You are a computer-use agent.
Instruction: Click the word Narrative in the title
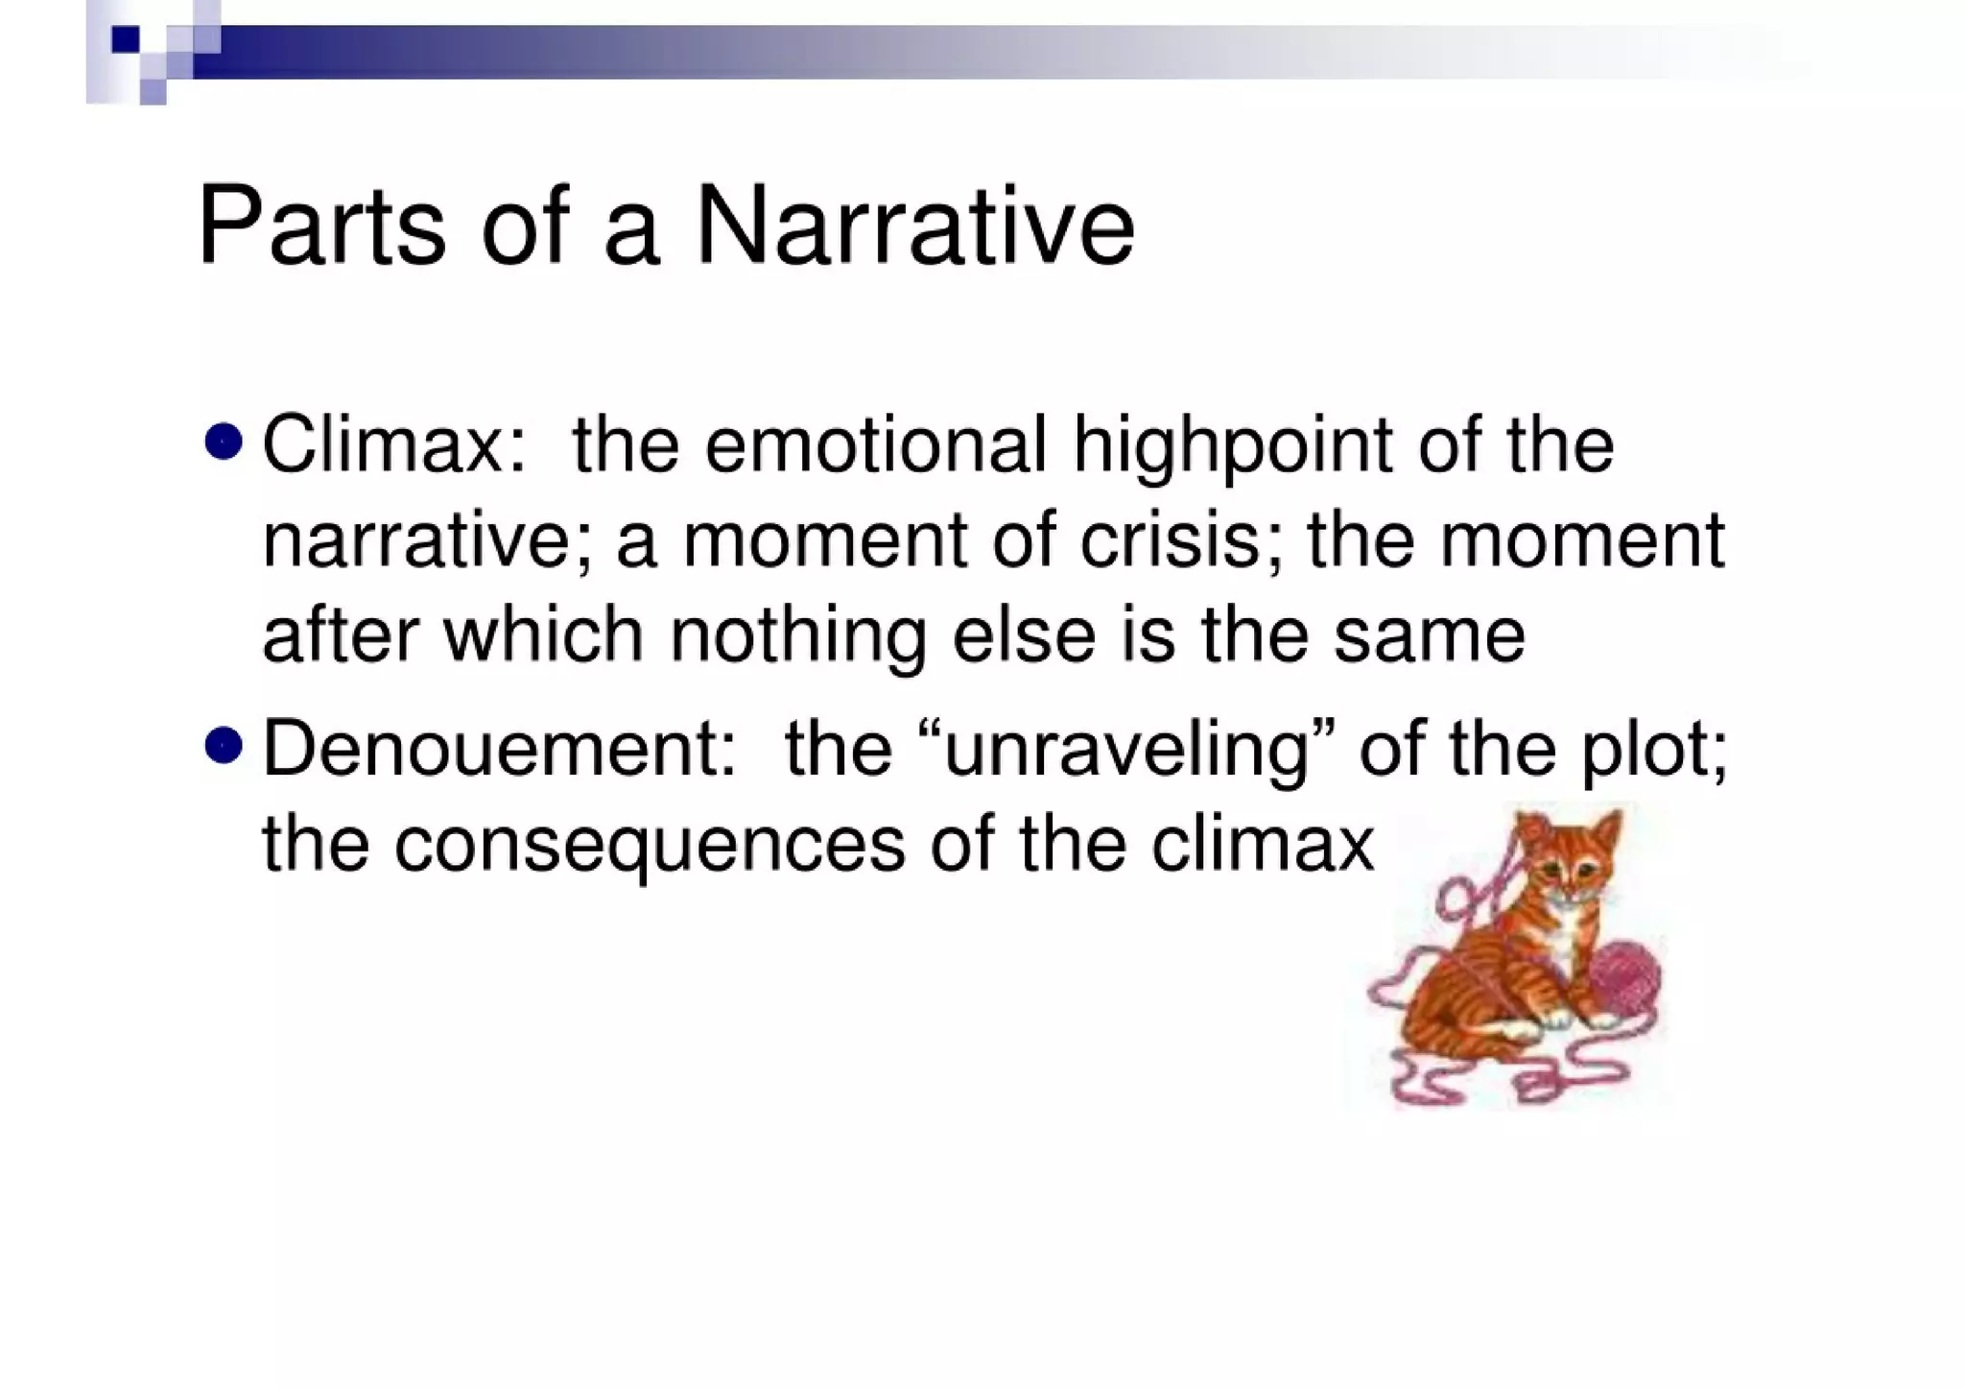click(914, 228)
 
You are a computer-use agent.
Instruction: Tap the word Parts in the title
click(321, 228)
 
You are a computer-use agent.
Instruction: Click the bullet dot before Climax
click(224, 443)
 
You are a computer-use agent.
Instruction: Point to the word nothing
click(798, 637)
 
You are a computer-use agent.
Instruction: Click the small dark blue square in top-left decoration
click(125, 39)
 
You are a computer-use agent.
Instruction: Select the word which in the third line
click(543, 635)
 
